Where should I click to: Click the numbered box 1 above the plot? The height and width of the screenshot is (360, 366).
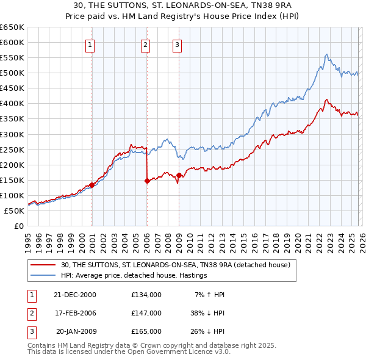pyautogui.click(x=90, y=44)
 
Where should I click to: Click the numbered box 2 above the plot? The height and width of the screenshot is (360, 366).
pyautogui.click(x=146, y=44)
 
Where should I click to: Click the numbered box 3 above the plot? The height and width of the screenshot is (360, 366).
pyautogui.click(x=177, y=44)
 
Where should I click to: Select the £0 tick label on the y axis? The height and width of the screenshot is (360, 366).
pyautogui.click(x=18, y=226)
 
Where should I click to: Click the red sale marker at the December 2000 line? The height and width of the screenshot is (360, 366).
pyautogui.click(x=91, y=185)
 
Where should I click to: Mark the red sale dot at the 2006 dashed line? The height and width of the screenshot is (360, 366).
pyautogui.click(x=147, y=181)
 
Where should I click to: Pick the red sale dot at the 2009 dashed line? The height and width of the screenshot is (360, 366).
pyautogui.click(x=179, y=175)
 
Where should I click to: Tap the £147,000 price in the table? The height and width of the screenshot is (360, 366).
pyautogui.click(x=146, y=313)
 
